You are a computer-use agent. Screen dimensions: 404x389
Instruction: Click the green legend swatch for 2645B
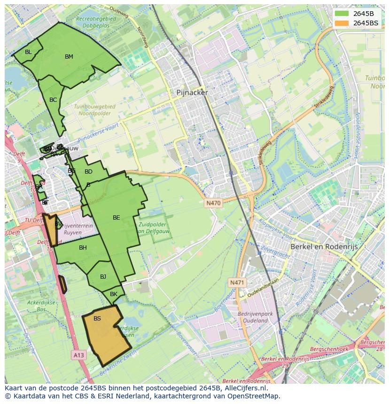[342, 14]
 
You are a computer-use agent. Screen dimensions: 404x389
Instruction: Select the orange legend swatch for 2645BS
[342, 23]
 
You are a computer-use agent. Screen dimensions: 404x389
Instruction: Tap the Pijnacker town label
[192, 92]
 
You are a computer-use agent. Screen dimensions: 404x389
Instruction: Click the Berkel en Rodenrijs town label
[324, 246]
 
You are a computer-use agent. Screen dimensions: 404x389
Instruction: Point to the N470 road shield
[213, 203]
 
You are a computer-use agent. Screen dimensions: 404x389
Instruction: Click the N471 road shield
[237, 282]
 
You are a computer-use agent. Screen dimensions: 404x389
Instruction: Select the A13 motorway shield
[78, 355]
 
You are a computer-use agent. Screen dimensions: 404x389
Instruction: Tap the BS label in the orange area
[97, 319]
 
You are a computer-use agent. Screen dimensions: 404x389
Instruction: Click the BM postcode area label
[69, 57]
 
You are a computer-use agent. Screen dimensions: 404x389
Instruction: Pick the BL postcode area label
[28, 52]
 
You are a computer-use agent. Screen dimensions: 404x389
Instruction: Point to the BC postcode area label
[53, 100]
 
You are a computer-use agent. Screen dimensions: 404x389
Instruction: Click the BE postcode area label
[117, 218]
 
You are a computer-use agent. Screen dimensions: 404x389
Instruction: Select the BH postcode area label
[83, 248]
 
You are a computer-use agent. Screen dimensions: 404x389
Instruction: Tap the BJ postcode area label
[103, 277]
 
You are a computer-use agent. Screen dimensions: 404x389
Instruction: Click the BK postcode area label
[113, 294]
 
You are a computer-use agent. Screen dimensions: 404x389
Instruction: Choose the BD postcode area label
[88, 172]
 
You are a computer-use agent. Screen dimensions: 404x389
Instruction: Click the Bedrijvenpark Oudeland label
[253, 317]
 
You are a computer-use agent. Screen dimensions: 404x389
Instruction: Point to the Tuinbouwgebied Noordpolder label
[94, 110]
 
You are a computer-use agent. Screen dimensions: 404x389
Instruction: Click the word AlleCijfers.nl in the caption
[244, 388]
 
